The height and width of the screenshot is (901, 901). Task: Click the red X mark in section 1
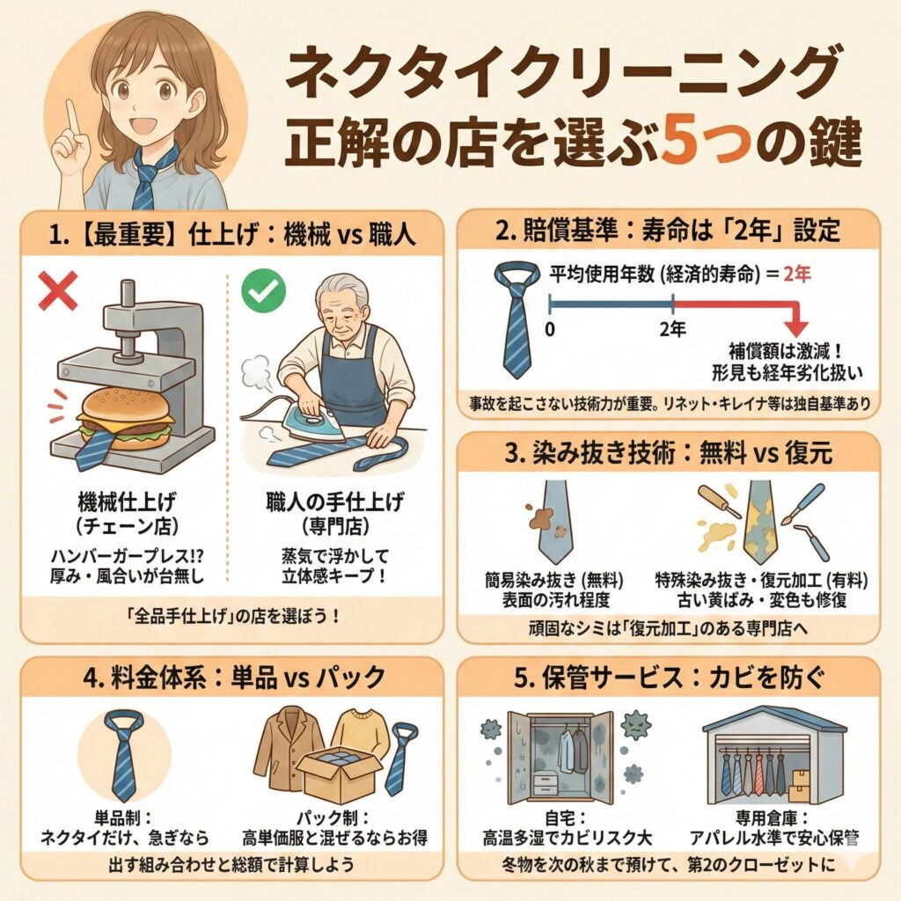(x=57, y=290)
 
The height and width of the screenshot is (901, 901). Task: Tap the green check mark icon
(x=258, y=291)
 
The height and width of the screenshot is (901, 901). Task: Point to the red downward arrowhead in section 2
(x=799, y=321)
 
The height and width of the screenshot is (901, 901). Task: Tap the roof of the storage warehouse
(x=773, y=719)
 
